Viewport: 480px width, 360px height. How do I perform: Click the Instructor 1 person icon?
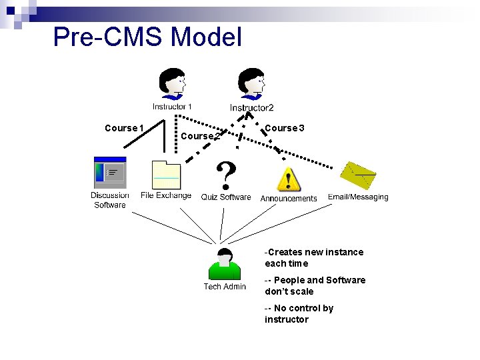pos(172,84)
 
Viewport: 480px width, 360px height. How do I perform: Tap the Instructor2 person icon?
pos(252,84)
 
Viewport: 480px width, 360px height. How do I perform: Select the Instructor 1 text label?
pos(172,107)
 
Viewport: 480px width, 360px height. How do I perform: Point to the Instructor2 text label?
pos(252,108)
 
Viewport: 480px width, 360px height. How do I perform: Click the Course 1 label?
pos(124,128)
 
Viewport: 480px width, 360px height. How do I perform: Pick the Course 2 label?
pos(200,136)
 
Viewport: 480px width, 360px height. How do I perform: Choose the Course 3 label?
pos(285,128)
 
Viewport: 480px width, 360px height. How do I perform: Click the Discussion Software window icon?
pos(109,173)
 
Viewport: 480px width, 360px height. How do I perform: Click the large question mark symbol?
pos(227,175)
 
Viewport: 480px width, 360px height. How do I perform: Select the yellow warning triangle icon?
pos(288,179)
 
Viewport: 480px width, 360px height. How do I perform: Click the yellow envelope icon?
pos(357,175)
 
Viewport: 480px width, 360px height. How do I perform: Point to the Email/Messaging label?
pos(358,197)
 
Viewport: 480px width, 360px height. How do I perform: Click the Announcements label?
pos(289,199)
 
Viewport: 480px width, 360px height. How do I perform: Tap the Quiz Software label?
pos(226,197)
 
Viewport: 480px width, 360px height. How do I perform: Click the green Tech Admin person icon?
pos(225,264)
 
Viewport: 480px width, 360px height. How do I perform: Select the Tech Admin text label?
pos(225,287)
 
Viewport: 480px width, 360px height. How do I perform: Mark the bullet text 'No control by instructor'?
pos(299,314)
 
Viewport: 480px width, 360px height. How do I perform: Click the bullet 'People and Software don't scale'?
pos(315,286)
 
